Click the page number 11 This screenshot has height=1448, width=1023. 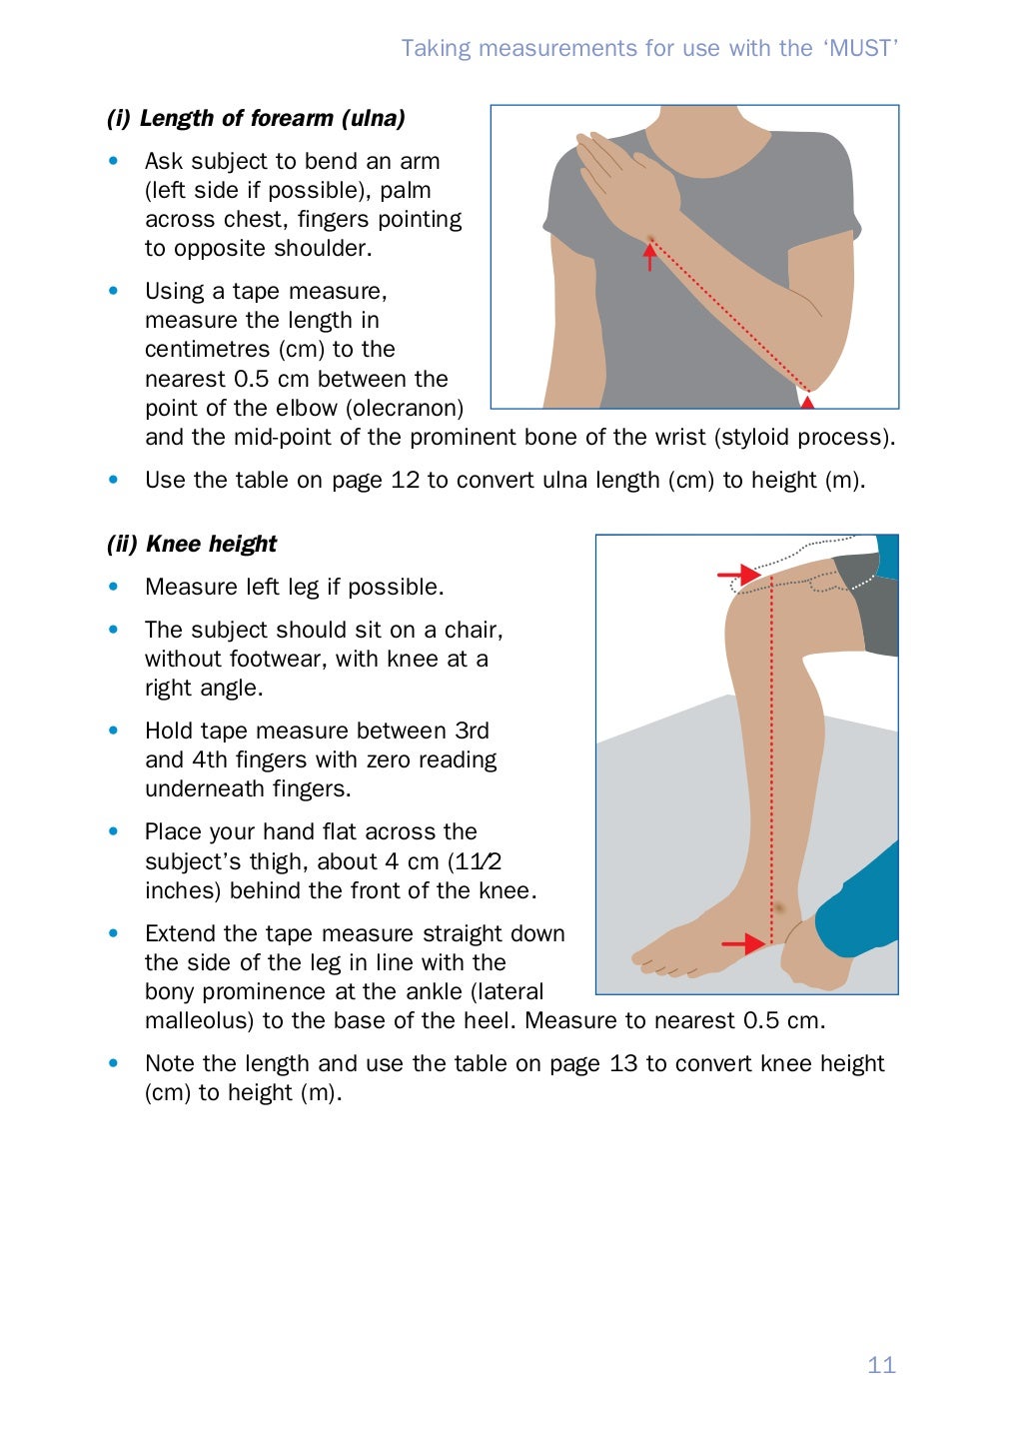click(x=881, y=1365)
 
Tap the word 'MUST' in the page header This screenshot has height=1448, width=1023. click(x=861, y=48)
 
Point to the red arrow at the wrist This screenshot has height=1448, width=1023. click(x=650, y=257)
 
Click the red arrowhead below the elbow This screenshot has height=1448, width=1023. click(x=807, y=402)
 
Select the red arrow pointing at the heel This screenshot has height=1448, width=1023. click(x=743, y=943)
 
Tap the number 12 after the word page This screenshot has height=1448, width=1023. click(x=405, y=480)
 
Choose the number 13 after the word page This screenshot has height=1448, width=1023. click(x=623, y=1063)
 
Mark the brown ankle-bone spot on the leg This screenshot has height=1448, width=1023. click(x=779, y=908)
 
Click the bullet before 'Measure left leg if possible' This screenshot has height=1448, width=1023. click(x=114, y=587)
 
